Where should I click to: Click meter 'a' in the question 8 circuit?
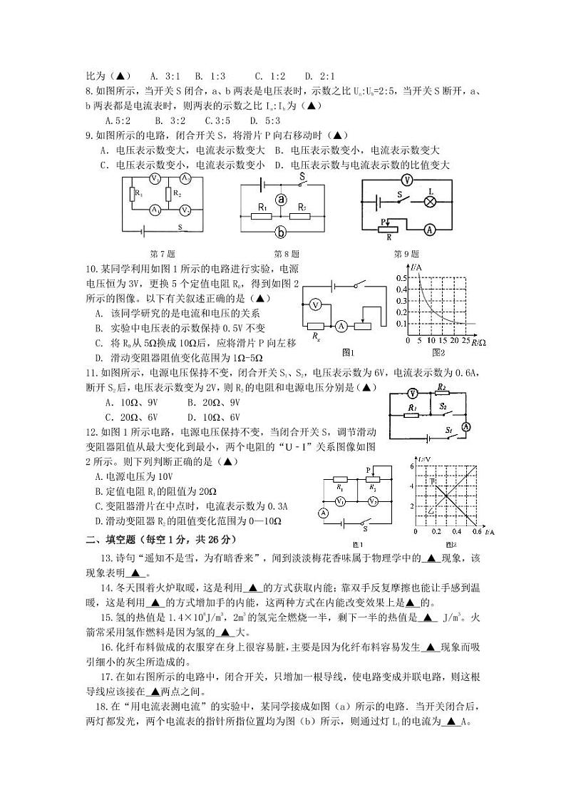click(x=282, y=200)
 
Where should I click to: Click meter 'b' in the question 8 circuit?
click(x=282, y=232)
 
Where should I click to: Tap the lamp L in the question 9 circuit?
click(x=430, y=201)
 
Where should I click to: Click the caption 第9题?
click(x=406, y=254)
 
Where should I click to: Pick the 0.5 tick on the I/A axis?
click(x=401, y=277)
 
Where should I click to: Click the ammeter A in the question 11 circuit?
click(x=468, y=426)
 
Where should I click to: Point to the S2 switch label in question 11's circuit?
click(x=443, y=405)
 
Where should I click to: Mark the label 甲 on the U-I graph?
click(x=433, y=482)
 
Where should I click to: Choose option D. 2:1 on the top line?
click(x=320, y=76)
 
